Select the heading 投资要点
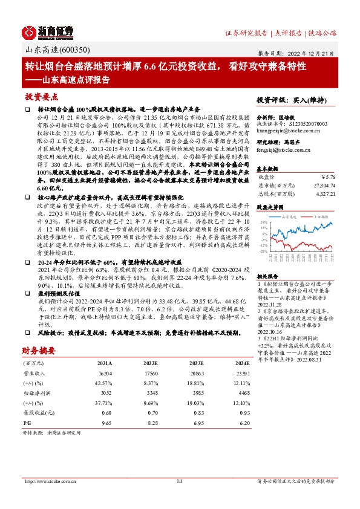point(42,97)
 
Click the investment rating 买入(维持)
point(317,100)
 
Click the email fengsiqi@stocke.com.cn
point(282,149)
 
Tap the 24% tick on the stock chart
point(264,222)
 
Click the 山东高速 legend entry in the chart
point(284,215)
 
